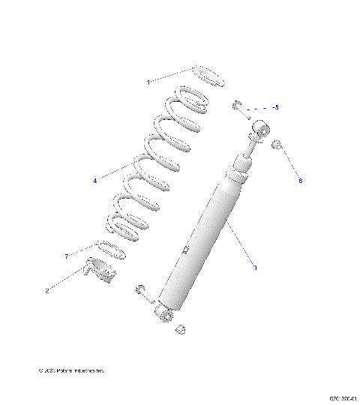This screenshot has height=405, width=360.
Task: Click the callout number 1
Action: click(x=148, y=81)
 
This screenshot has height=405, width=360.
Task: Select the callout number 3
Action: click(x=255, y=268)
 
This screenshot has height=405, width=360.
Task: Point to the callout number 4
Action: click(x=95, y=181)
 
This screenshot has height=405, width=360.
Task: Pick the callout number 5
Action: click(x=276, y=107)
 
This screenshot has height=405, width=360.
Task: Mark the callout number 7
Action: click(x=67, y=256)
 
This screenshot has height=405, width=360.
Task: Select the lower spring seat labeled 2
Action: click(x=103, y=269)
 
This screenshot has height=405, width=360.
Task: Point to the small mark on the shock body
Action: click(x=184, y=250)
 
